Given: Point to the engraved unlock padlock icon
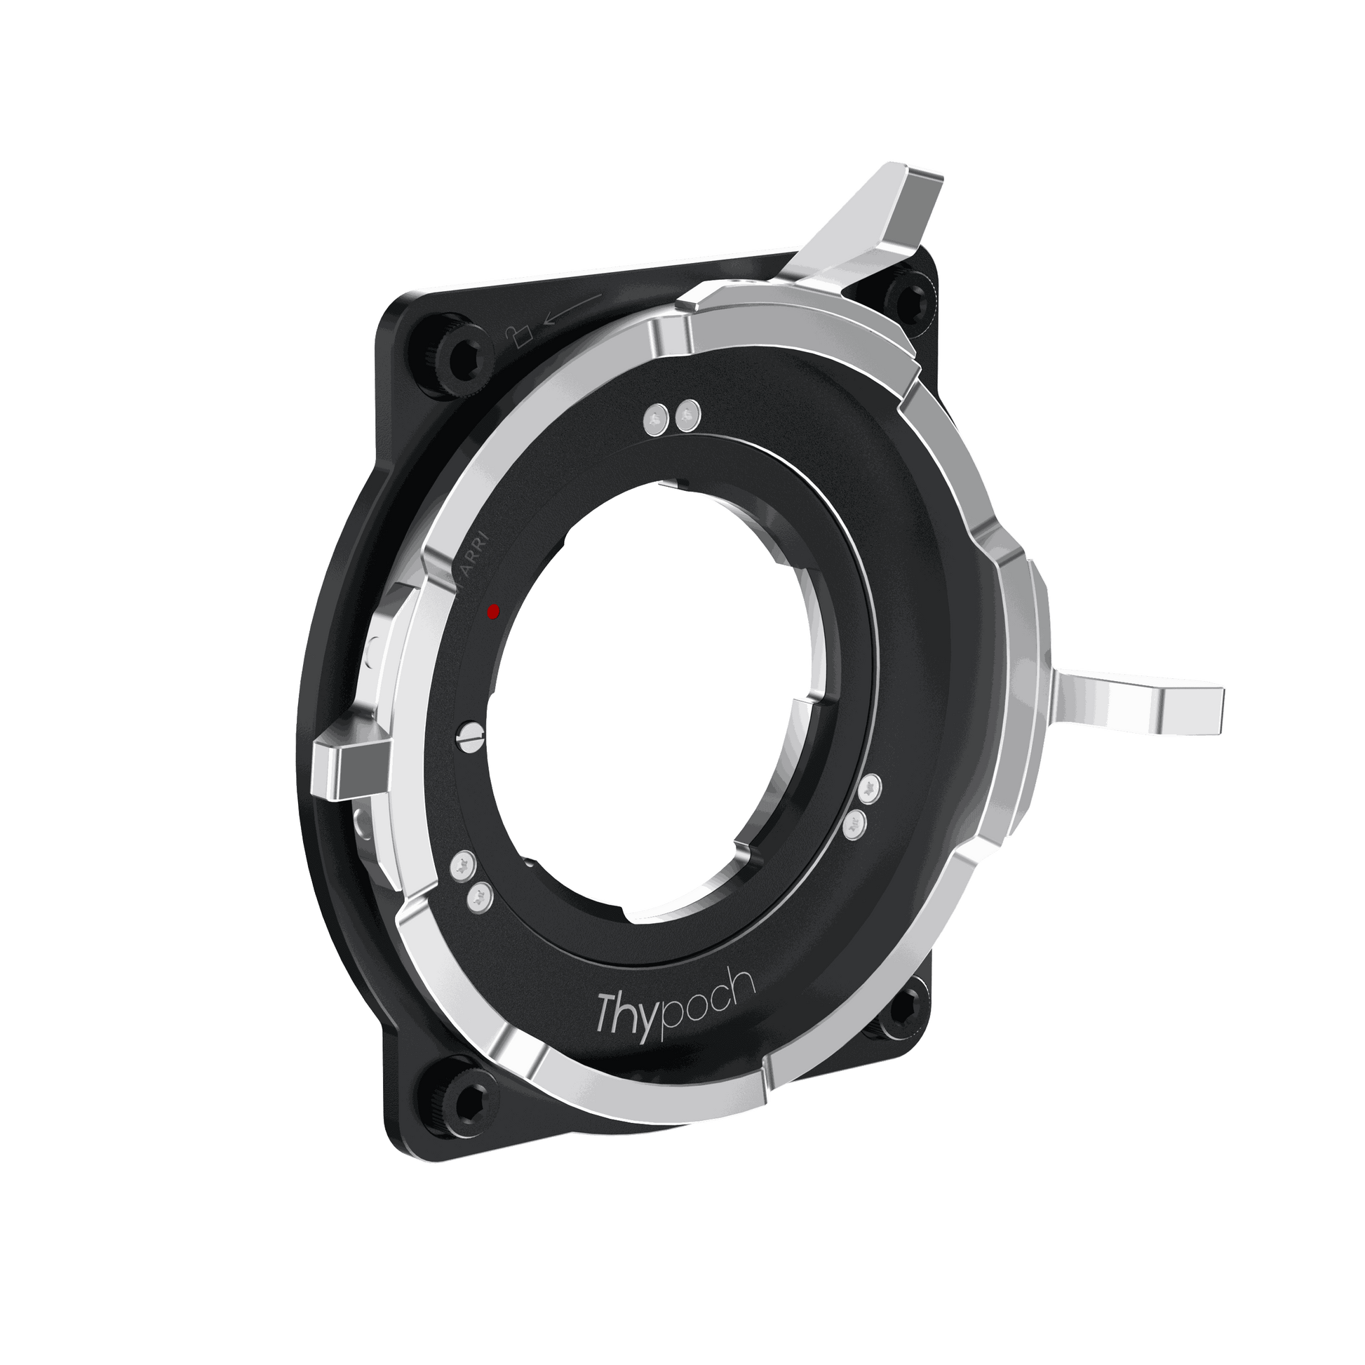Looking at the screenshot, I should (x=517, y=335).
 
